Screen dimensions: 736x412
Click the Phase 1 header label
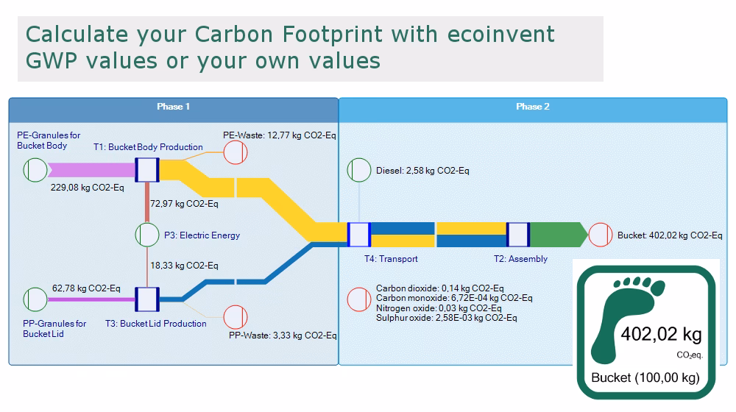pos(173,107)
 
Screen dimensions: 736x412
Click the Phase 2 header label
pos(533,107)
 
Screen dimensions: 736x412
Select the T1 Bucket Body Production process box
pos(147,170)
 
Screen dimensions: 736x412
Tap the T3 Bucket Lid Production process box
pos(147,299)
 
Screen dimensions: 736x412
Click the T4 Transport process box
pos(359,235)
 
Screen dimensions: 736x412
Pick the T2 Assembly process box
pos(518,235)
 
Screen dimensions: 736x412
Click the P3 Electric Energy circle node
pos(147,235)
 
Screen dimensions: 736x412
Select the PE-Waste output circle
pos(236,152)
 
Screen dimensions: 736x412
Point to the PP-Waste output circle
pos(236,317)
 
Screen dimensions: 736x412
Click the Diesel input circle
pos(359,170)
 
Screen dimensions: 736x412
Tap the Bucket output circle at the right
pos(601,235)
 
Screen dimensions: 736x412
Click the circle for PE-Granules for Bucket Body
pos(35,170)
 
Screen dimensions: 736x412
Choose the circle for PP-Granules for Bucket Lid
pos(35,299)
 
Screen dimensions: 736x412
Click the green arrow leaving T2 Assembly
pos(559,235)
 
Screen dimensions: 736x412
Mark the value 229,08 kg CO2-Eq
pos(88,188)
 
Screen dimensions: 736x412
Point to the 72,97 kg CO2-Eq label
pos(184,204)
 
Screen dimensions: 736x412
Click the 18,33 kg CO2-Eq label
pos(184,266)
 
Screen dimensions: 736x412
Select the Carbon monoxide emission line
pos(454,298)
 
